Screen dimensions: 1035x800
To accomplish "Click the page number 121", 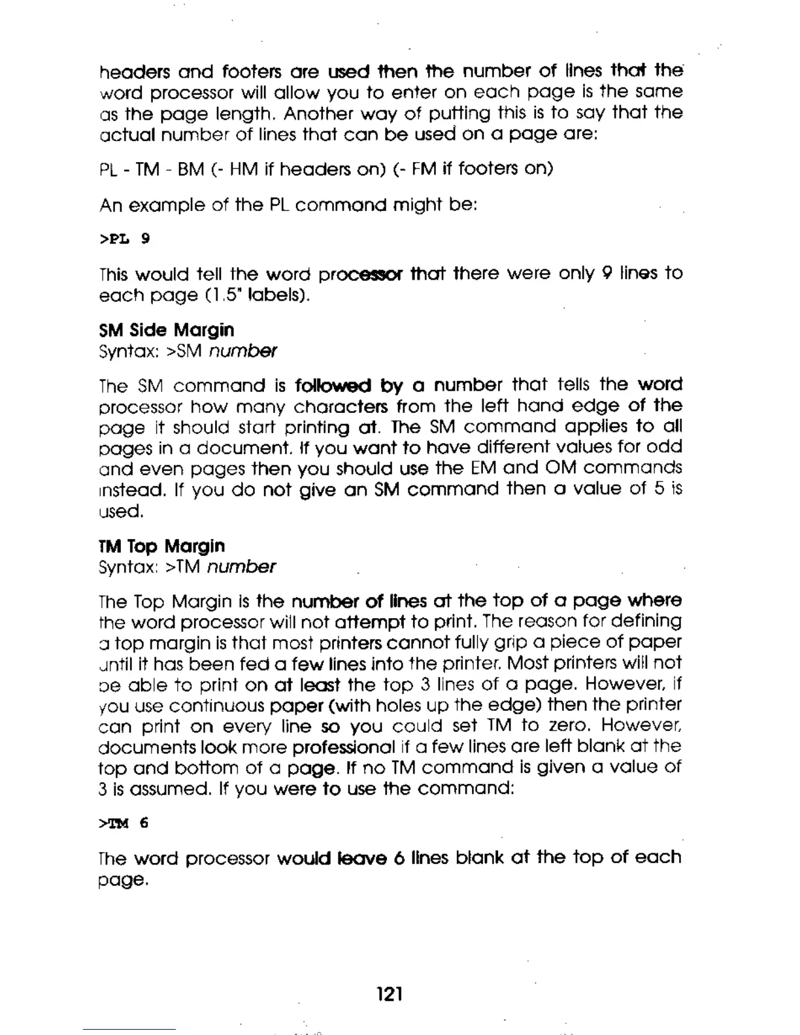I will pyautogui.click(x=390, y=994).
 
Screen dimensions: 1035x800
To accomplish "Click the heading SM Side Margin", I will pyautogui.click(x=166, y=330).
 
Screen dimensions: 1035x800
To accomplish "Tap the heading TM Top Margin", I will pyautogui.click(x=161, y=546).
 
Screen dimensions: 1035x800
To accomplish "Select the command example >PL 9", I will pyautogui.click(x=124, y=238).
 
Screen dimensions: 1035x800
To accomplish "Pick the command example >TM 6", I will pyautogui.click(x=124, y=823).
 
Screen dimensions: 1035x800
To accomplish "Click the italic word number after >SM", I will pyautogui.click(x=242, y=352).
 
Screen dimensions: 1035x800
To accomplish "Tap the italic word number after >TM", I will pyautogui.click(x=241, y=567).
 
